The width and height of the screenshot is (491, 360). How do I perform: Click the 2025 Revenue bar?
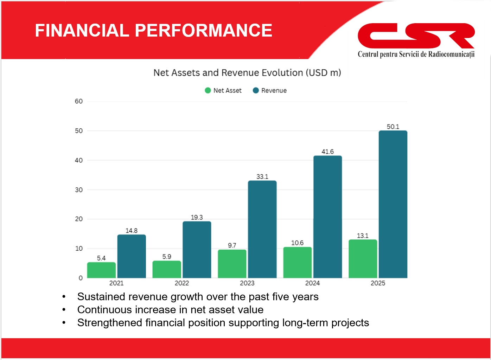pos(393,204)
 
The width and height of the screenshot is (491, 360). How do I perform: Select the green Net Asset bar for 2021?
pos(102,270)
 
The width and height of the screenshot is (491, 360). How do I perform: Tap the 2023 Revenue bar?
pos(262,229)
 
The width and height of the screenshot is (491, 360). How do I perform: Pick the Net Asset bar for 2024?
pos(298,263)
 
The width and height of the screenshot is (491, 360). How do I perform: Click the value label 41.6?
pos(328,152)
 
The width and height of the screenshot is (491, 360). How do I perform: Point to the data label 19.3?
pos(197,217)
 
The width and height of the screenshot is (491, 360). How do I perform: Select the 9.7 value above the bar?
pos(232,245)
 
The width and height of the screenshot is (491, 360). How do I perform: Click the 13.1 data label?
pos(363,236)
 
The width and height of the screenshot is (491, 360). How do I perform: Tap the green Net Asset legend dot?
pos(208,90)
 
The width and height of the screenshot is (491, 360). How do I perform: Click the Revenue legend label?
pos(274,90)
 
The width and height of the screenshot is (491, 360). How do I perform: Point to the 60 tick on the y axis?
pos(79,101)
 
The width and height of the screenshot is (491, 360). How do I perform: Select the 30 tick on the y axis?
pos(79,190)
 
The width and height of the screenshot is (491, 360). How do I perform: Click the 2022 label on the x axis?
pos(182,283)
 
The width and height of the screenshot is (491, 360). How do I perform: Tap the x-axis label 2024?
pos(313,283)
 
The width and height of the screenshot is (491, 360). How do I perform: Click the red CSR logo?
pos(416,36)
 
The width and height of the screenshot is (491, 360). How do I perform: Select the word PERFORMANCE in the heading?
pos(203,30)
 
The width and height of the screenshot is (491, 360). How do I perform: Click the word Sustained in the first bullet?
pos(101,297)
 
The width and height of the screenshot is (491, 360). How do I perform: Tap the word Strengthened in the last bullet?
pos(110,323)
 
